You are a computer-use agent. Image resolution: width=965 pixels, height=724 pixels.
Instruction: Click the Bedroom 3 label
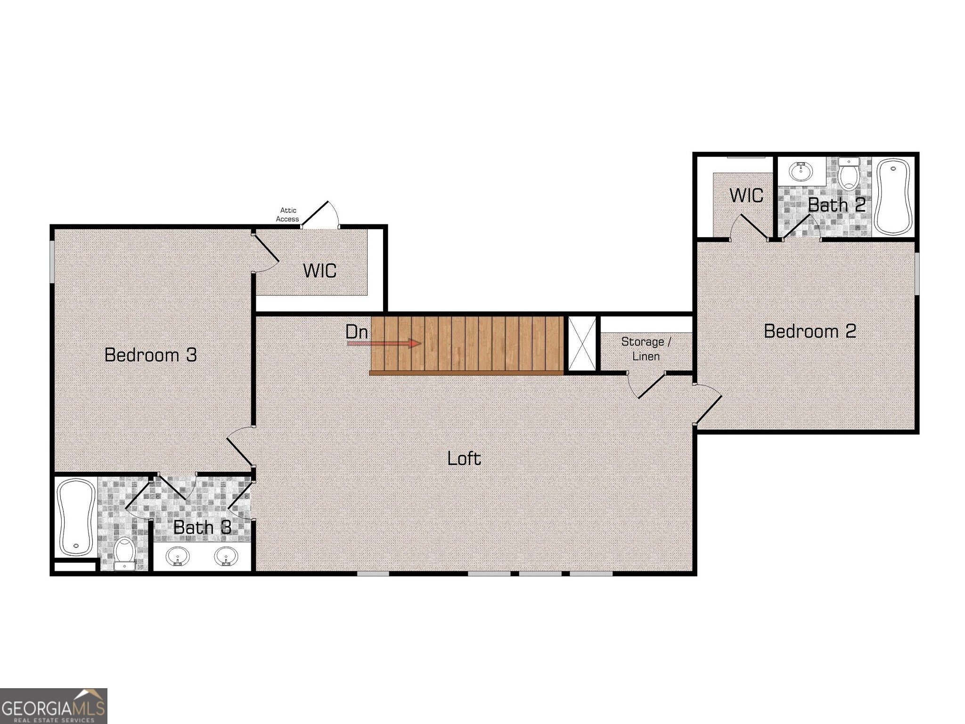pos(150,355)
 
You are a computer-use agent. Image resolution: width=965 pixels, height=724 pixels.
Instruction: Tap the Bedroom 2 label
pos(810,331)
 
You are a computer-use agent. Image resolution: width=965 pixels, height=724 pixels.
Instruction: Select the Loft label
pos(464,458)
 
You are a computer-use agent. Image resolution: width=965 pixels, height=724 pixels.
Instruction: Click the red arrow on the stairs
pos(384,343)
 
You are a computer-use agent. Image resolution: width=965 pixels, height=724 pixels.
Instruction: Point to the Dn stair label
pos(356,332)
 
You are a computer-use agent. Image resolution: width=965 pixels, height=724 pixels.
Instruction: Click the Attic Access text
pos(287,214)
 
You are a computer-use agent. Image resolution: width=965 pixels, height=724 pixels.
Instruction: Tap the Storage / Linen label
pos(646,349)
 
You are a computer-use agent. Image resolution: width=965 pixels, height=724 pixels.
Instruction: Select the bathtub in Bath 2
pos(893,197)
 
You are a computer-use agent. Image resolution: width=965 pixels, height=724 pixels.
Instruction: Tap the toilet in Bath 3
pos(125,553)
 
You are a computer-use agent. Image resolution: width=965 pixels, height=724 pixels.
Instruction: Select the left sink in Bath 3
pos(178,556)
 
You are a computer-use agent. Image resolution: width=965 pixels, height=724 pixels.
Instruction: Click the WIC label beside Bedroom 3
pos(319,271)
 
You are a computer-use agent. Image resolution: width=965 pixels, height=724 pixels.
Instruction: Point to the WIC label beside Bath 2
pos(746,196)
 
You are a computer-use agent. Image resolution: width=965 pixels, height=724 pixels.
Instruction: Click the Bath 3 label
pos(202,527)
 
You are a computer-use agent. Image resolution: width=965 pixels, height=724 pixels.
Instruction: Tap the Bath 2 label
pos(837,205)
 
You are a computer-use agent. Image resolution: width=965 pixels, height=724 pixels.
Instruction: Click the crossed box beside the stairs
pos(582,344)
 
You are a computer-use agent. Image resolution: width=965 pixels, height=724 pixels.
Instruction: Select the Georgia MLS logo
pos(53,706)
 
